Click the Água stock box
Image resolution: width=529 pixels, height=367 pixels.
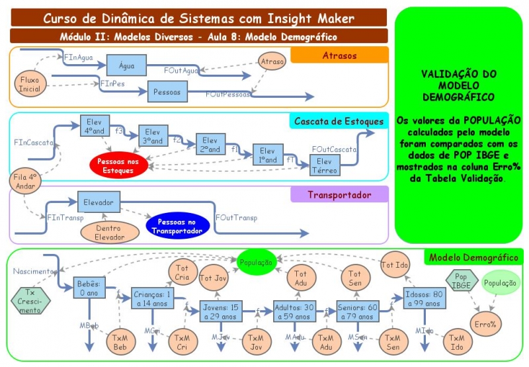[125, 66]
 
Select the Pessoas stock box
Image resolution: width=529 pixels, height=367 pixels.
[167, 90]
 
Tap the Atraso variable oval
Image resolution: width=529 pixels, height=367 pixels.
[272, 61]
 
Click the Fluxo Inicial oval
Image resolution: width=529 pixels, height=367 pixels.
[29, 84]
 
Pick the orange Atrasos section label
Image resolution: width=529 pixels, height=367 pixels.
[339, 55]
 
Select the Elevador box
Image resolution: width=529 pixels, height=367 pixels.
[99, 202]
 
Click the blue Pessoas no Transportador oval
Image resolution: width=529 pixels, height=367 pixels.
[177, 226]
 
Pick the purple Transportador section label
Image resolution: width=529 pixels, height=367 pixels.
[339, 194]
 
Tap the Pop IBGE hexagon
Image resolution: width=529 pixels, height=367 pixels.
[462, 280]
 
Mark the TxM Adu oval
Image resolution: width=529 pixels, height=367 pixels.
[325, 341]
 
